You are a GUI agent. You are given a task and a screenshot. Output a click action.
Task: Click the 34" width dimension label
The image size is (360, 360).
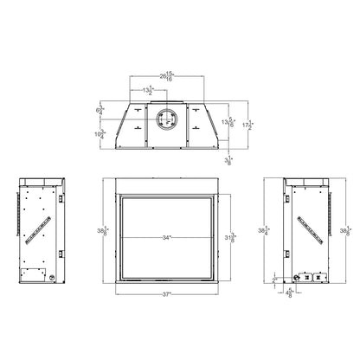(165, 236)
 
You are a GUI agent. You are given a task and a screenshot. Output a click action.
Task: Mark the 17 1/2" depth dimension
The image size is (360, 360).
(247, 125)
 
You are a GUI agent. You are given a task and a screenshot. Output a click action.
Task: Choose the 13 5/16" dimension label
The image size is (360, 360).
(230, 122)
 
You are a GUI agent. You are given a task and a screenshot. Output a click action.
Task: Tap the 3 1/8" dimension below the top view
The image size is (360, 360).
(228, 160)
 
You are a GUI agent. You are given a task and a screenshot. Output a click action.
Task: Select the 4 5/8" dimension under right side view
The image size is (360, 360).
(288, 291)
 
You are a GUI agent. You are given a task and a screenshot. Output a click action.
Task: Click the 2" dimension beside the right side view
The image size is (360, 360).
(273, 279)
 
